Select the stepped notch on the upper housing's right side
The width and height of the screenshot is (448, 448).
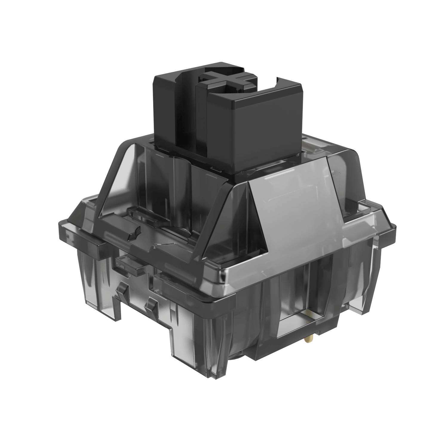coord(352,212)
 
